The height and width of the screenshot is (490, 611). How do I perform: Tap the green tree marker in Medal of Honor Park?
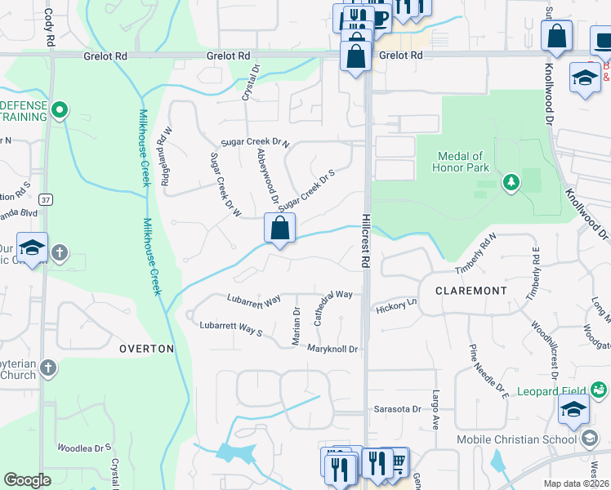(511, 181)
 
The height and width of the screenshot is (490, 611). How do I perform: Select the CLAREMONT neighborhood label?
(471, 291)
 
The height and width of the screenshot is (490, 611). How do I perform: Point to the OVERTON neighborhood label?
(147, 349)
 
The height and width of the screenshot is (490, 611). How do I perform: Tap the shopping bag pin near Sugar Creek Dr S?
(279, 229)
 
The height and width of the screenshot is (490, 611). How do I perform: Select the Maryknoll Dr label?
(333, 350)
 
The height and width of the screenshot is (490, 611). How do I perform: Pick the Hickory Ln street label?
(397, 305)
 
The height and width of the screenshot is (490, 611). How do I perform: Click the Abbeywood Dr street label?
(267, 176)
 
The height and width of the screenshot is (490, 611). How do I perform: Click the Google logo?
(27, 480)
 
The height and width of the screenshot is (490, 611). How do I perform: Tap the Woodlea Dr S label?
(84, 448)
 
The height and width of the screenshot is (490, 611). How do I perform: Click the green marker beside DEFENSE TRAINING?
(59, 109)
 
